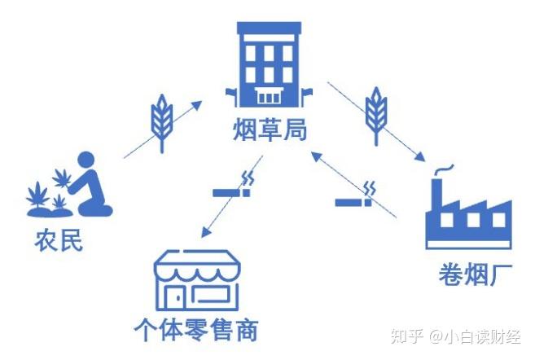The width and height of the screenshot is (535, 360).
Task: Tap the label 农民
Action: (59, 241)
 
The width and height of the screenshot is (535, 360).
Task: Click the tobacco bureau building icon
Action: (269, 65)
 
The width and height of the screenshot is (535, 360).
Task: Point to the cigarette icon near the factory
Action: (357, 195)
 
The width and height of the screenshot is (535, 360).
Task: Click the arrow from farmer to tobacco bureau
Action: (163, 129)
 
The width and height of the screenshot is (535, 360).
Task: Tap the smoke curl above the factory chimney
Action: (444, 169)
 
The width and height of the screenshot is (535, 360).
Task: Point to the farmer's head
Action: (85, 161)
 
